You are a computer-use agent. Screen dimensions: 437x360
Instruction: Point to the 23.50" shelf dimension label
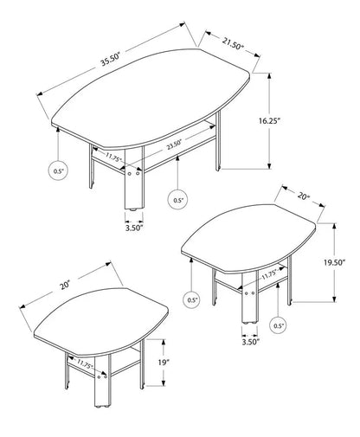177,146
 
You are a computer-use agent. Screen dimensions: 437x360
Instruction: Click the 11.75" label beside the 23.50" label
113,158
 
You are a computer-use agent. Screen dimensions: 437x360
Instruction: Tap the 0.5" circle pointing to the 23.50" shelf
177,200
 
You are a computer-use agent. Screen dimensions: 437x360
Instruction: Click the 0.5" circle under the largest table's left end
59,171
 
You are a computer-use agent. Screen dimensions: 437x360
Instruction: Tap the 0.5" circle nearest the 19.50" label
279,325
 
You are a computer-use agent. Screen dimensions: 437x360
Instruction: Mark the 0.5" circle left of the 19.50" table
191,299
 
